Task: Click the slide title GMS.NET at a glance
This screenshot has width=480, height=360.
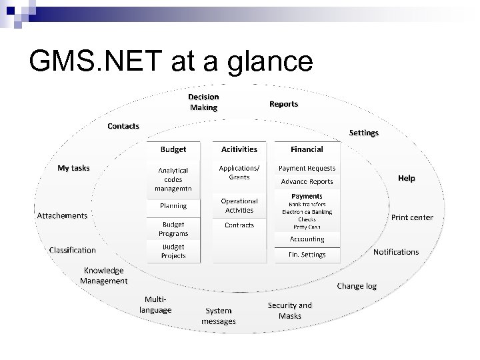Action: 171,61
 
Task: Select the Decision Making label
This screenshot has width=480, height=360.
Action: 203,102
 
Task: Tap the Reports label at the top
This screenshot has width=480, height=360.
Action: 283,104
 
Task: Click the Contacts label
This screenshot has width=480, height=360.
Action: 123,126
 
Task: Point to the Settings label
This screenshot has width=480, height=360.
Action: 363,133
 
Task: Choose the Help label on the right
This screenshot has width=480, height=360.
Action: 406,178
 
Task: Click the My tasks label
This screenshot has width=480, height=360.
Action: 73,168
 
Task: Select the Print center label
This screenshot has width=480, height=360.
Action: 412,217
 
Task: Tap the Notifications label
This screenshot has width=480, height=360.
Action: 396,252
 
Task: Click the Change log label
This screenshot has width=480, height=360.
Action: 357,286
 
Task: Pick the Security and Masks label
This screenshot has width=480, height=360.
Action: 289,311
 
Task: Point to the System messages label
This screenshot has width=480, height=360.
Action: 219,316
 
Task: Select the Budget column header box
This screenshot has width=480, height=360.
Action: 173,149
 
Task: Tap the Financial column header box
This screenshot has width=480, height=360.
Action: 307,149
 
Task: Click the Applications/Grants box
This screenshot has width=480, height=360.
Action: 239,173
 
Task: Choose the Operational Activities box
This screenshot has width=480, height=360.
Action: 239,205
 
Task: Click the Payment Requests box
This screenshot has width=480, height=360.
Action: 307,169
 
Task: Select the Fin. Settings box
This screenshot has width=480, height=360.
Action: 307,255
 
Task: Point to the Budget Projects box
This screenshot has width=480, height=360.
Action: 173,251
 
